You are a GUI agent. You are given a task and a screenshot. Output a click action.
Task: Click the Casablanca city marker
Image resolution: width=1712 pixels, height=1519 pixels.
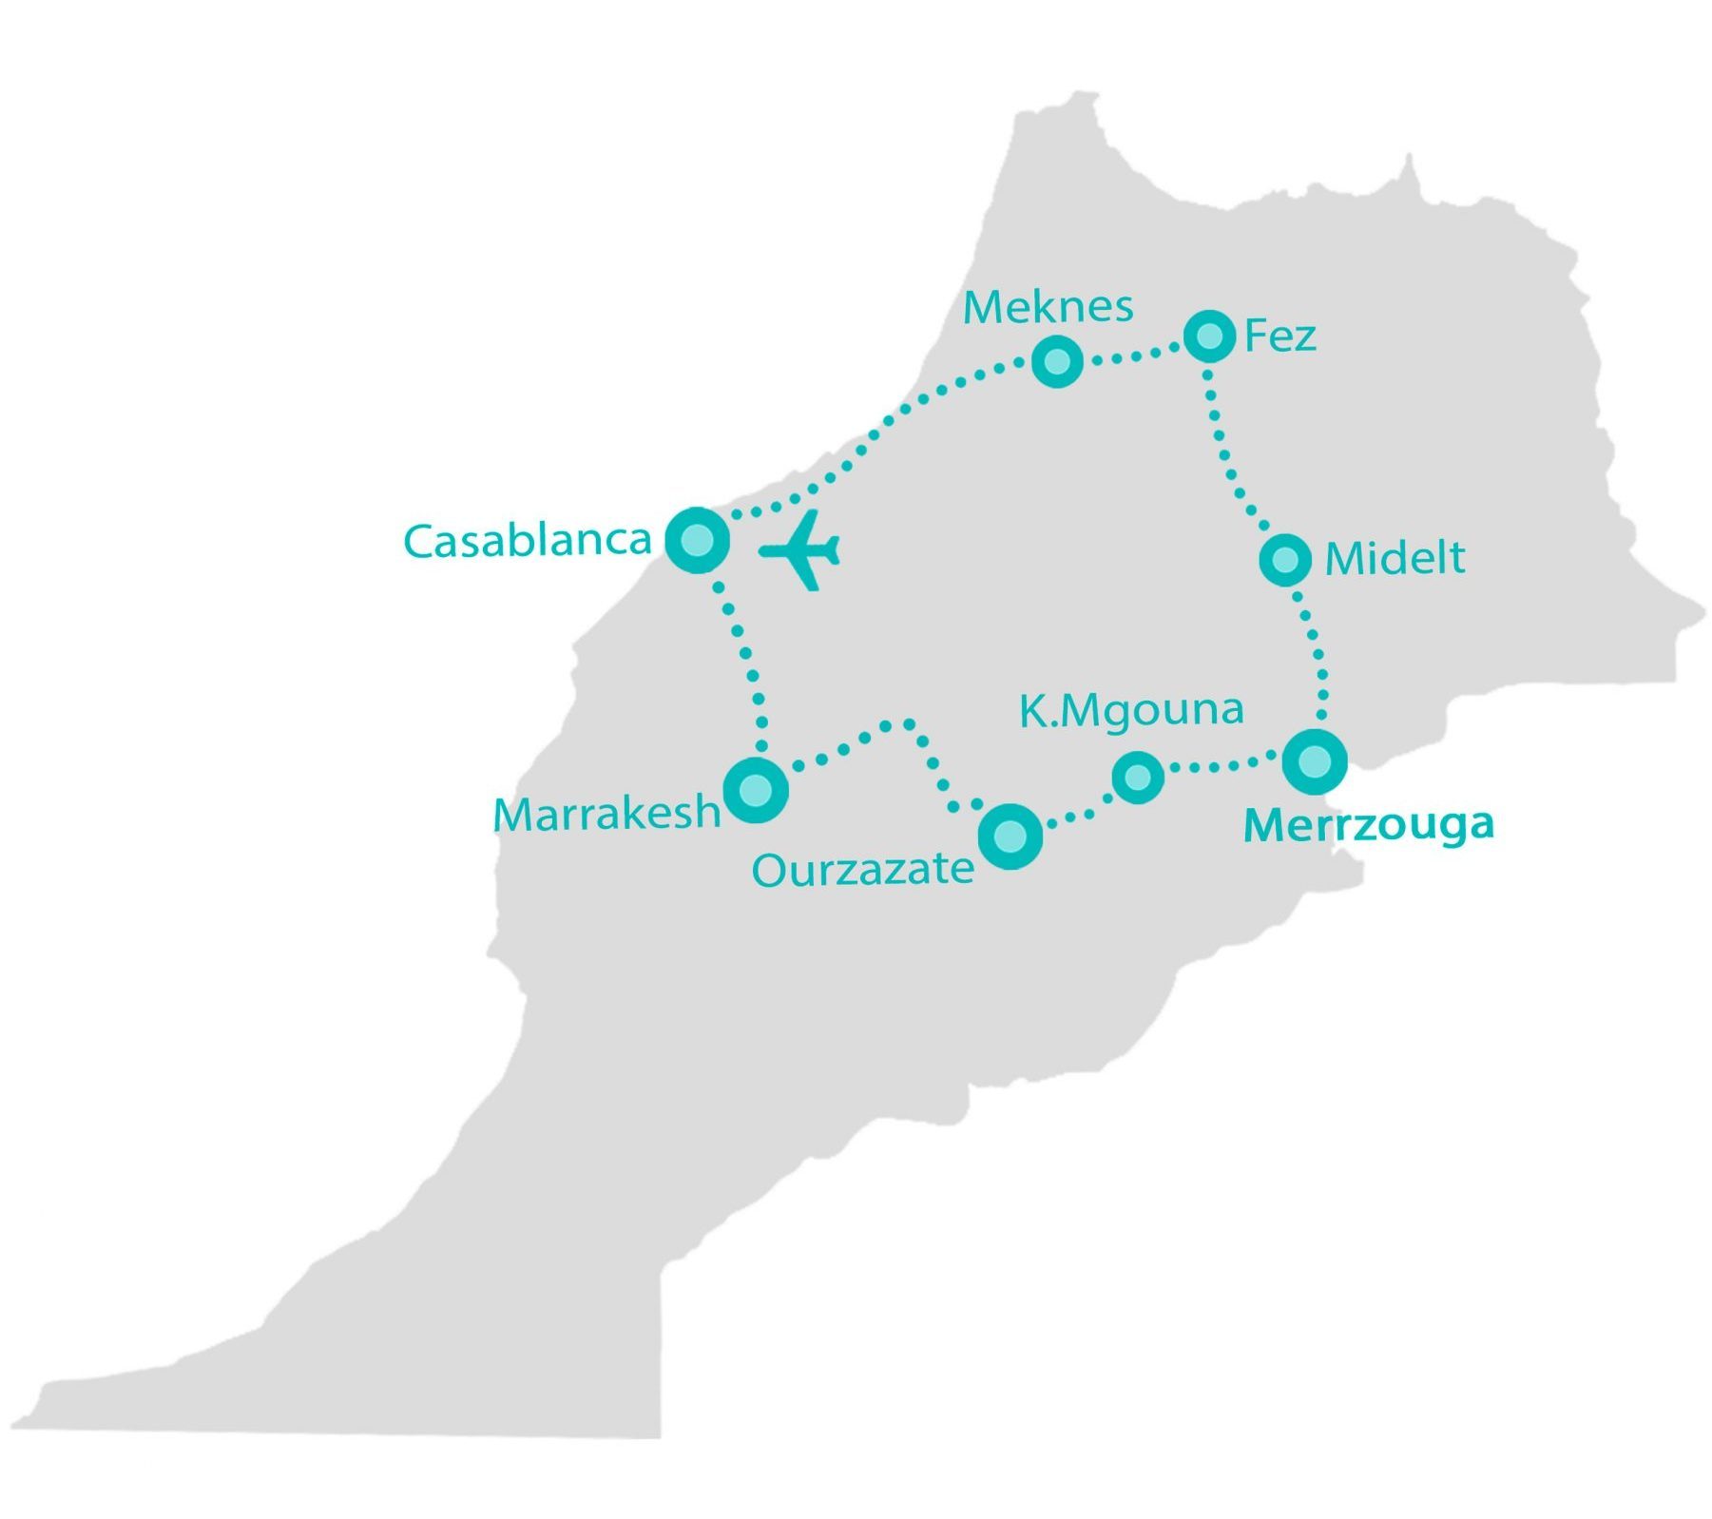pyautogui.click(x=697, y=540)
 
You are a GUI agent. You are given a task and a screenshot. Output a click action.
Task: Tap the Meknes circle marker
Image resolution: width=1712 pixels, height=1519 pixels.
pyautogui.click(x=1057, y=361)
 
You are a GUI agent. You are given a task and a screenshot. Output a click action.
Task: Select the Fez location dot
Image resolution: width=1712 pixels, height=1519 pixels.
pyautogui.click(x=1209, y=336)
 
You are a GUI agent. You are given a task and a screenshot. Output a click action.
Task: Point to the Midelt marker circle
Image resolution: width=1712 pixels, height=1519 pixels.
pyautogui.click(x=1285, y=559)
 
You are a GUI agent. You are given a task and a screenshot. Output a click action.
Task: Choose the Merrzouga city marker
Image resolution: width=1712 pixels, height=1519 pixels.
pyautogui.click(x=1315, y=761)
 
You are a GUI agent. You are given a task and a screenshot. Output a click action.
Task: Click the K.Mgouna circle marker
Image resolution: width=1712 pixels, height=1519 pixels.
pyautogui.click(x=1137, y=778)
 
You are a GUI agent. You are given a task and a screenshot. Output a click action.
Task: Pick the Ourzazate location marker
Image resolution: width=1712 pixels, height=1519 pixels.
pyautogui.click(x=1010, y=836)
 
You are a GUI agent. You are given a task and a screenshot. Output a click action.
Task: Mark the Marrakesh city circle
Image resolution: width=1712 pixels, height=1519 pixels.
pyautogui.click(x=757, y=790)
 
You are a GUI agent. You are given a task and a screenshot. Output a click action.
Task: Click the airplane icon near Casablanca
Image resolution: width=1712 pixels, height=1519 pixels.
pyautogui.click(x=800, y=549)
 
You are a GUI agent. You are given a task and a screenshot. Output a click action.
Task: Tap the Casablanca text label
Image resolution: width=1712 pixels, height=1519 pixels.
pyautogui.click(x=528, y=541)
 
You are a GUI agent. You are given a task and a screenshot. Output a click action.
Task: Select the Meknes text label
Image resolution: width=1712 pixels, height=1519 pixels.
pyautogui.click(x=1048, y=307)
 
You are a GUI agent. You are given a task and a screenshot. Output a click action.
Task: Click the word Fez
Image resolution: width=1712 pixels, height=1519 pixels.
pyautogui.click(x=1279, y=336)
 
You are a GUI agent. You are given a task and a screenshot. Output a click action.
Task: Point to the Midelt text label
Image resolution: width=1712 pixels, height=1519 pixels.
pyautogui.click(x=1394, y=558)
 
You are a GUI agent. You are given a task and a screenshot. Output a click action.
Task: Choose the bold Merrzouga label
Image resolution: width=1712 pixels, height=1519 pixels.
pyautogui.click(x=1368, y=825)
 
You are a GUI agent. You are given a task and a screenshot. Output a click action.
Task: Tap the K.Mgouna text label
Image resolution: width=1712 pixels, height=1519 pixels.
pyautogui.click(x=1130, y=710)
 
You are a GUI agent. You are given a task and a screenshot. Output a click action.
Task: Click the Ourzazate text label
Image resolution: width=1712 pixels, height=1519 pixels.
pyautogui.click(x=862, y=869)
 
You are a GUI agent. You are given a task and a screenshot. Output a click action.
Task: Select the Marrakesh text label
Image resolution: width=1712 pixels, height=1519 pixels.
pyautogui.click(x=606, y=814)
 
